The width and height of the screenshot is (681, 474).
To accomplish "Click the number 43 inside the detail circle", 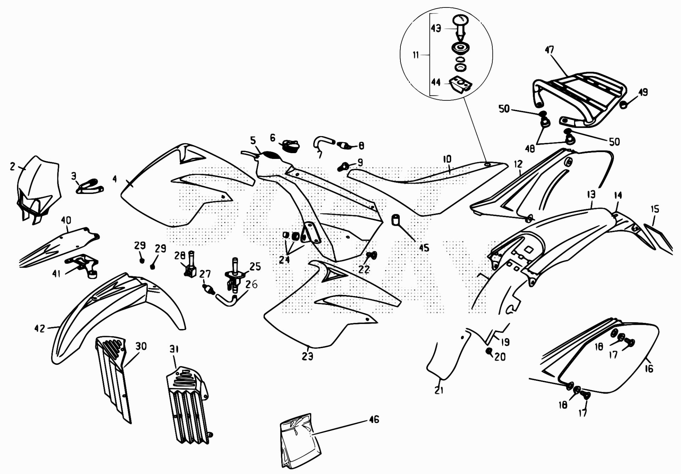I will point(436,28).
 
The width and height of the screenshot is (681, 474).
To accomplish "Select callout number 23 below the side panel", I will point(308,356).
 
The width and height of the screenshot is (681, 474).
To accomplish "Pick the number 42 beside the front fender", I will point(39,329).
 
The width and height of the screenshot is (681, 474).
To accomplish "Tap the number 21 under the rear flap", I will point(439,390).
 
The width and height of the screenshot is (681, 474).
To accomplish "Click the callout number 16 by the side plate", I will point(649,369).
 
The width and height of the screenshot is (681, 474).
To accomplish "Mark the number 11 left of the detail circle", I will point(416,55).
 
